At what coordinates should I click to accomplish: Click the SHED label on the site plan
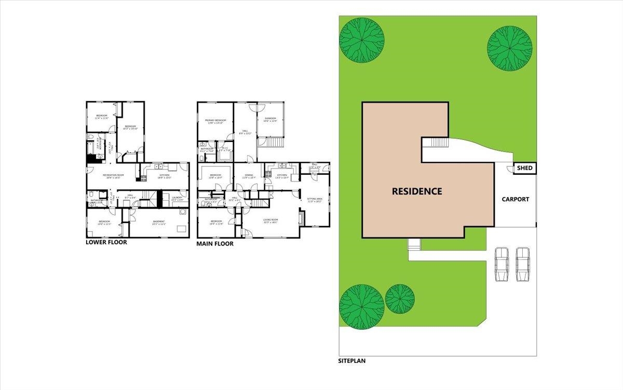[525, 168]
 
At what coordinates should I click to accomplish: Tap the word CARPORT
[515, 199]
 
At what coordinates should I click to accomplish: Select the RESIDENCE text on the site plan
[417, 191]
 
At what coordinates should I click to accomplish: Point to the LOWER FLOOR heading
[106, 242]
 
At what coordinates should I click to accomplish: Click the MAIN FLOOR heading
[215, 243]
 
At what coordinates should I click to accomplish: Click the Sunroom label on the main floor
[271, 120]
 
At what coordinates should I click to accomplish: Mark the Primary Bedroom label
[215, 121]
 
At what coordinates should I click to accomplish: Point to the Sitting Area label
[315, 200]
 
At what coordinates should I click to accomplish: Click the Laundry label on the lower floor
[177, 199]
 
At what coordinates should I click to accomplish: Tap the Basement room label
[159, 223]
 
